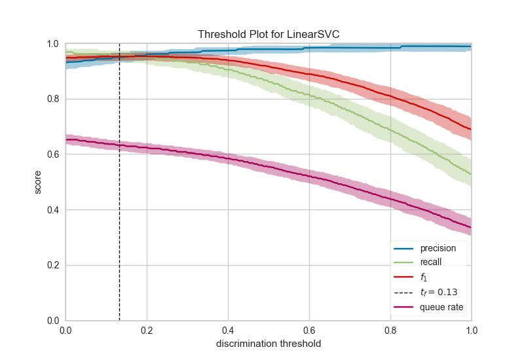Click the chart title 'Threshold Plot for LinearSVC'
click(268, 34)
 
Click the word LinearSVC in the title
click(314, 34)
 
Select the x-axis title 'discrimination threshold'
click(268, 343)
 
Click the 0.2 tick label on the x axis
click(147, 331)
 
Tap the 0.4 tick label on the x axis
click(228, 331)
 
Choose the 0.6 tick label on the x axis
click(309, 331)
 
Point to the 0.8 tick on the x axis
click(390, 331)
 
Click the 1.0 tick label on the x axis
click(471, 331)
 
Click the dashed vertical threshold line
click(119, 196)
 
